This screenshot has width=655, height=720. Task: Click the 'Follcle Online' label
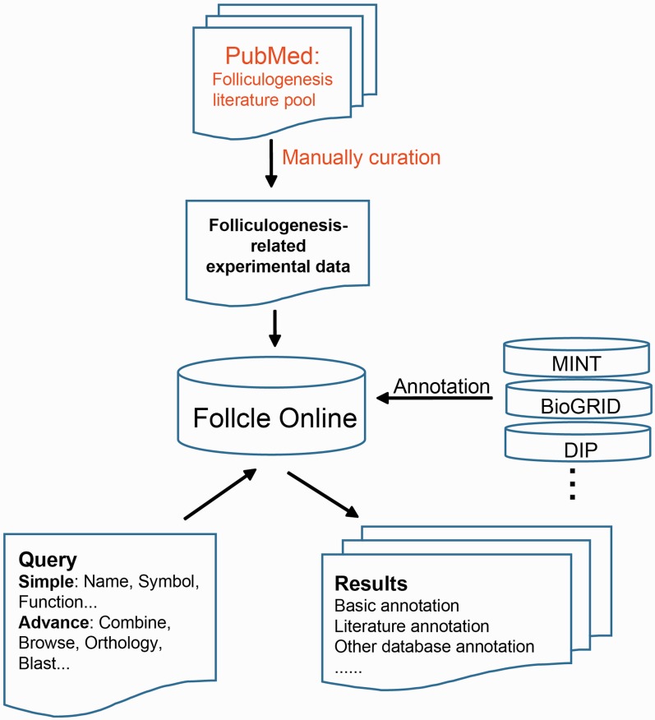point(275,418)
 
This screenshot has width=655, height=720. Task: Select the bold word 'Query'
point(48,561)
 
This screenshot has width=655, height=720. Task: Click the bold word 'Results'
point(371,584)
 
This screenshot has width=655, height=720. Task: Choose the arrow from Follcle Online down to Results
point(322,495)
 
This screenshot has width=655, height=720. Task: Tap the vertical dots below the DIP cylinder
point(573,486)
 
